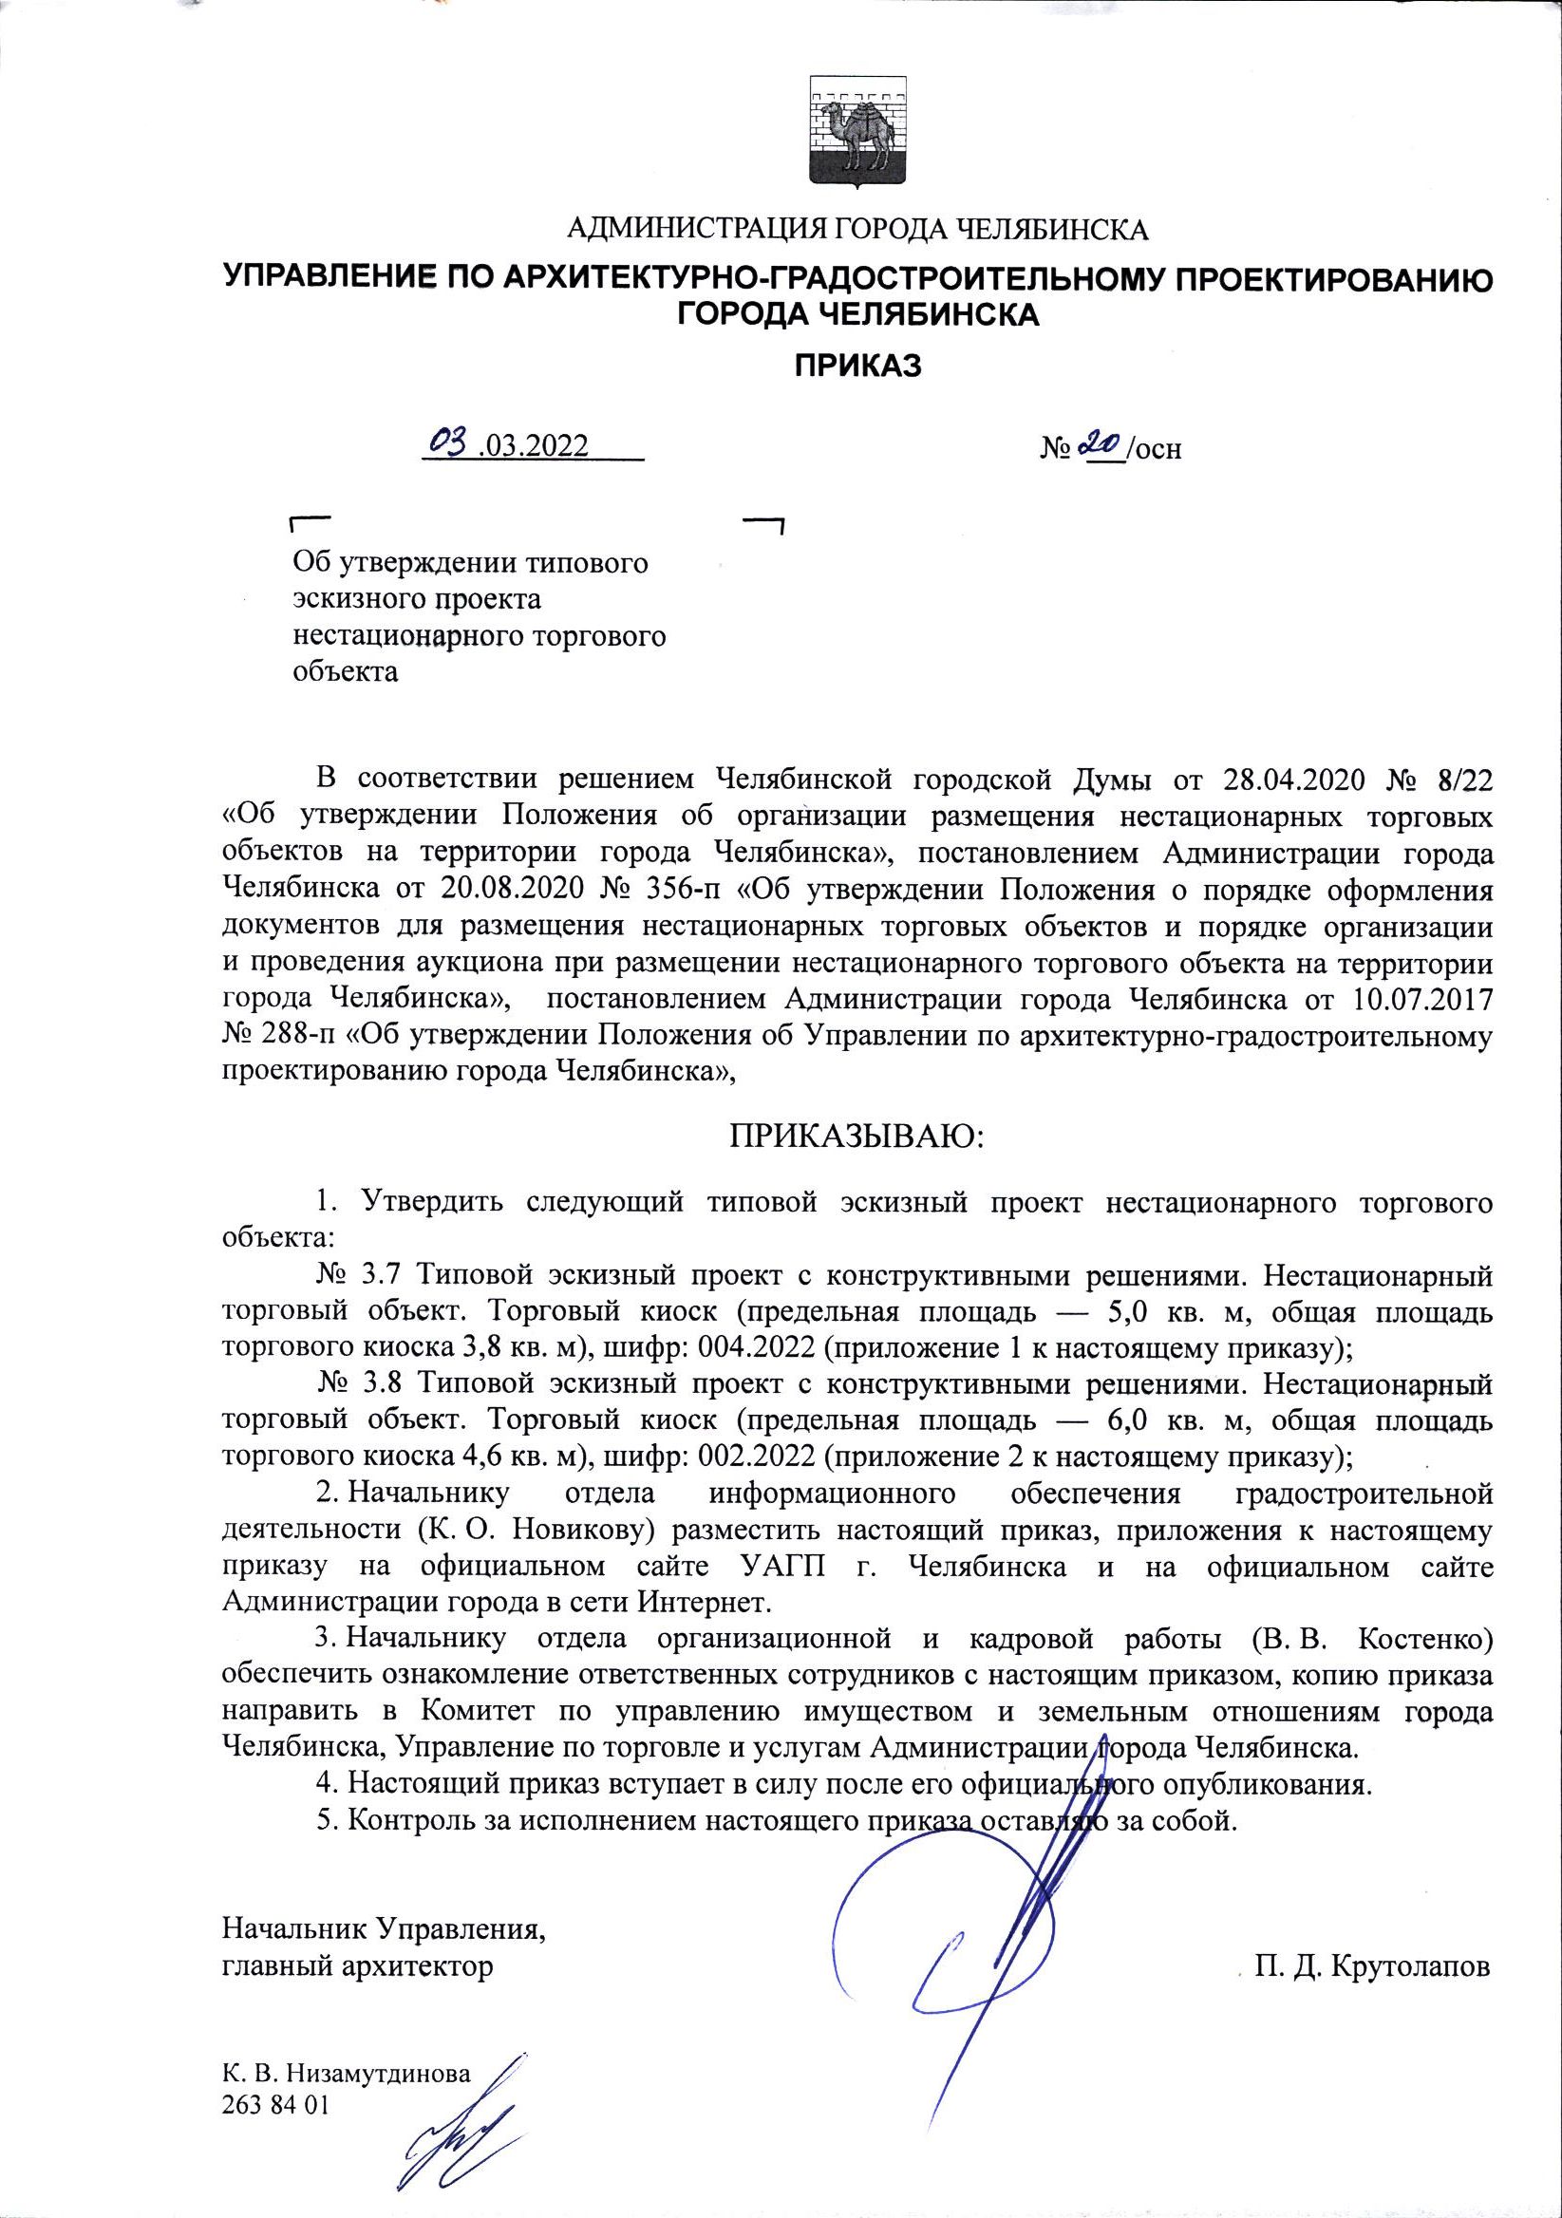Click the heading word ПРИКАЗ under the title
(x=857, y=367)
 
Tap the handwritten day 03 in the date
(x=450, y=443)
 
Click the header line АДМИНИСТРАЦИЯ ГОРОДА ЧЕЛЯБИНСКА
(x=856, y=230)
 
